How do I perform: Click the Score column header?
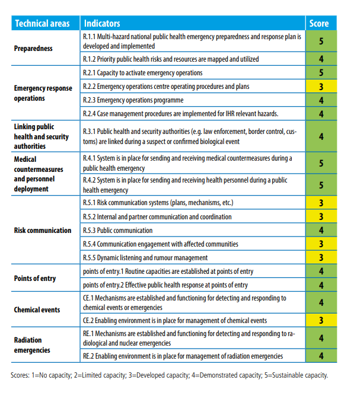(x=319, y=24)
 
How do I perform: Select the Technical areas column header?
(x=42, y=24)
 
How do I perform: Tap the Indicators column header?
(x=102, y=24)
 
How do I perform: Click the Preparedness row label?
(x=33, y=49)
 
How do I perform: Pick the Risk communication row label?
(x=43, y=230)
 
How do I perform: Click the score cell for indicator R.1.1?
(x=320, y=42)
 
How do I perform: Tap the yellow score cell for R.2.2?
(x=320, y=87)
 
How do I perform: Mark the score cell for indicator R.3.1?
(x=320, y=136)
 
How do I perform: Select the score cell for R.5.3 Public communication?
(x=320, y=231)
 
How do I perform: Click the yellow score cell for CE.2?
(x=320, y=320)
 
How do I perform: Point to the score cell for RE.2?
(x=320, y=356)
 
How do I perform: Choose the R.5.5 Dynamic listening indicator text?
(x=145, y=258)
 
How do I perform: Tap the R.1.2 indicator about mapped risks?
(x=170, y=59)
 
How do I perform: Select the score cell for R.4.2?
(x=320, y=186)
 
